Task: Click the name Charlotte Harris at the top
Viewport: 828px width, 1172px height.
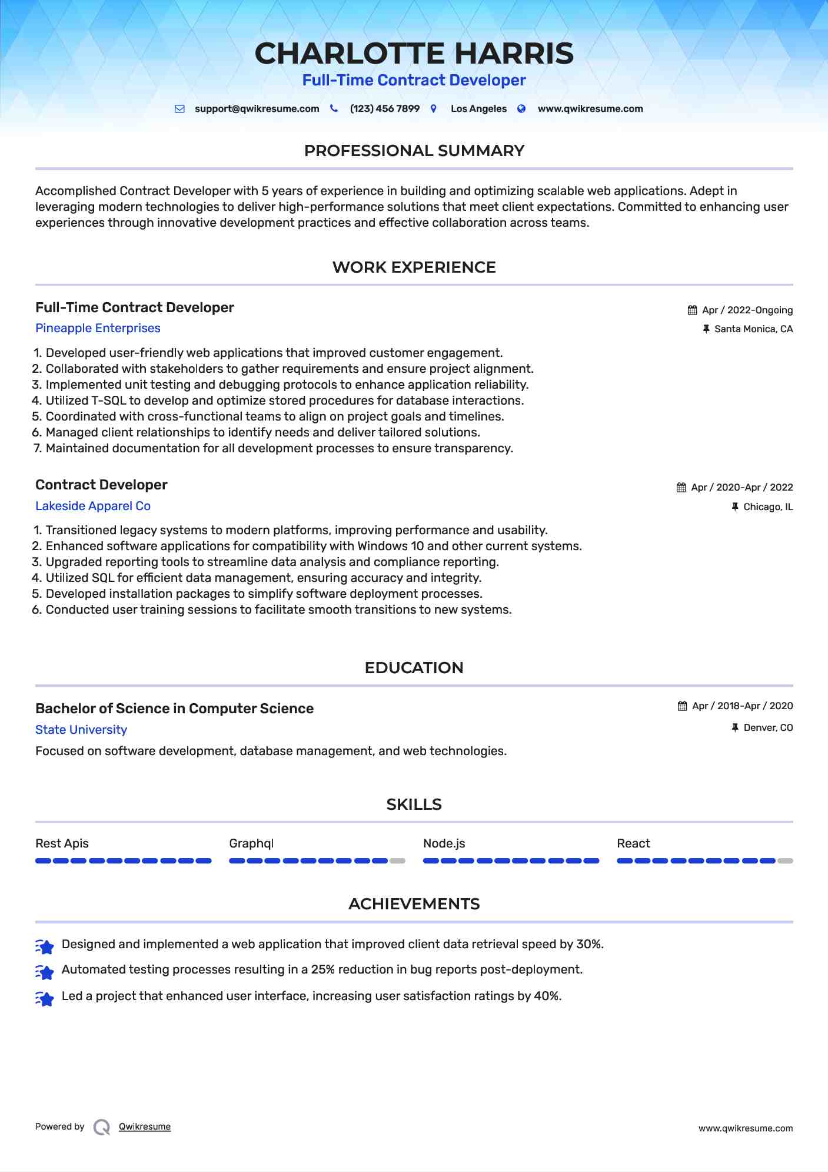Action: pyautogui.click(x=414, y=54)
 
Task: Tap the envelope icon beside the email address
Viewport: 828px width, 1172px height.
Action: pyautogui.click(x=179, y=109)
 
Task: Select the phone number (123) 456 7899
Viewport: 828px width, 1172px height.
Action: pyautogui.click(x=384, y=109)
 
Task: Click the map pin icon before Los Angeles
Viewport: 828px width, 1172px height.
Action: pyautogui.click(x=434, y=109)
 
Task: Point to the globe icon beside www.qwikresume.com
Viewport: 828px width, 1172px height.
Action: pyautogui.click(x=521, y=109)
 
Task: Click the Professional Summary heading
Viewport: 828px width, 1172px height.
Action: pyautogui.click(x=414, y=151)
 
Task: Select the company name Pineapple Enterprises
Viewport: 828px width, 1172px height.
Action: pyautogui.click(x=98, y=328)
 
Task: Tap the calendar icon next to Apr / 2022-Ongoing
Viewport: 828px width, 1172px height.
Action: pyautogui.click(x=693, y=310)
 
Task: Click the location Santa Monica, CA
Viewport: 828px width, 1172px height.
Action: pyautogui.click(x=753, y=329)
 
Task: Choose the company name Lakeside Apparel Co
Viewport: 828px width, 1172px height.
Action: pyautogui.click(x=93, y=506)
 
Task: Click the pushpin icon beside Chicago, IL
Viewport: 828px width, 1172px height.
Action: pyautogui.click(x=735, y=506)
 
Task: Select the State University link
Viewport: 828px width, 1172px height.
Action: pyautogui.click(x=81, y=730)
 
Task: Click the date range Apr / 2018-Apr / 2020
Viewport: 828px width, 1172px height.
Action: pyautogui.click(x=742, y=706)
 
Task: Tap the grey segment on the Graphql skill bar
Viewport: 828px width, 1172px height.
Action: pyautogui.click(x=397, y=861)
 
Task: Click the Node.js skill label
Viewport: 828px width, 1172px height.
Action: pyautogui.click(x=444, y=843)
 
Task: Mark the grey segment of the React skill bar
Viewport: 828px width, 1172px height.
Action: pyautogui.click(x=785, y=861)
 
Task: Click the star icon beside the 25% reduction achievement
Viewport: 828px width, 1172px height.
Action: pyautogui.click(x=45, y=972)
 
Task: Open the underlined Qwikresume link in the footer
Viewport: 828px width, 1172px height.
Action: pyautogui.click(x=145, y=1127)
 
